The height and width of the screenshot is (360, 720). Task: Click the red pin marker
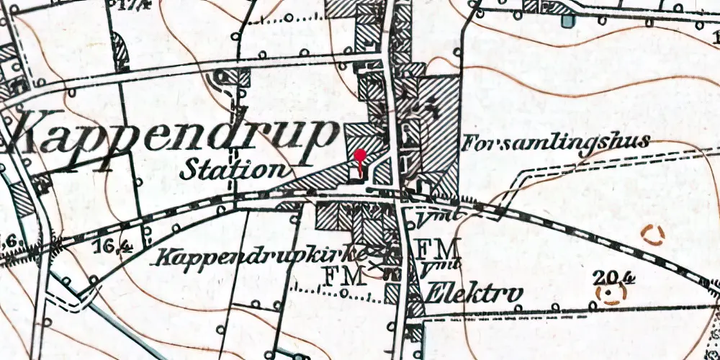click(x=360, y=156)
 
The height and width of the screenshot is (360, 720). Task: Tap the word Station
click(x=230, y=170)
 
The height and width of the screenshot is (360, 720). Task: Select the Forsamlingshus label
click(x=556, y=142)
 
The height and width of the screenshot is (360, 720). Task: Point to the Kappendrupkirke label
click(x=263, y=256)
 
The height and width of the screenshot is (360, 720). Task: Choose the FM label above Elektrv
click(x=438, y=249)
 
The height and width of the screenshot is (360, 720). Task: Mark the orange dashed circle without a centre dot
click(x=652, y=235)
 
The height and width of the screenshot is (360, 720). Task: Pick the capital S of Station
click(x=189, y=170)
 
